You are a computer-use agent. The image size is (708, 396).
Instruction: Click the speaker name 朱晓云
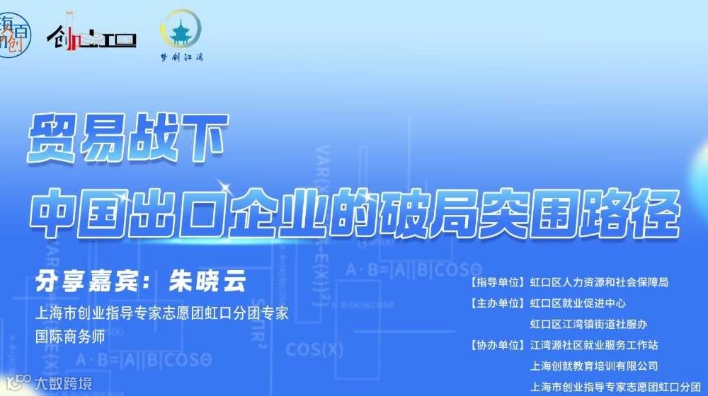(x=206, y=281)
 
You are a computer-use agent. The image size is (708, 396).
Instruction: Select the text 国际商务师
(x=70, y=337)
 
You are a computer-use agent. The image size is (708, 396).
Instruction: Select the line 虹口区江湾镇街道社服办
(x=588, y=325)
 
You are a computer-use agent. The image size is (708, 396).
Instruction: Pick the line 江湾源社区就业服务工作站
(x=594, y=346)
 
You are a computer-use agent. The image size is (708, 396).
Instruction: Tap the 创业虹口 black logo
(x=91, y=34)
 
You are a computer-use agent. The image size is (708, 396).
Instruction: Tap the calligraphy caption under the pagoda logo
(x=181, y=58)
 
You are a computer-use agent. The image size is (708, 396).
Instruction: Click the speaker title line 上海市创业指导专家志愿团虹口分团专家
(x=162, y=313)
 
